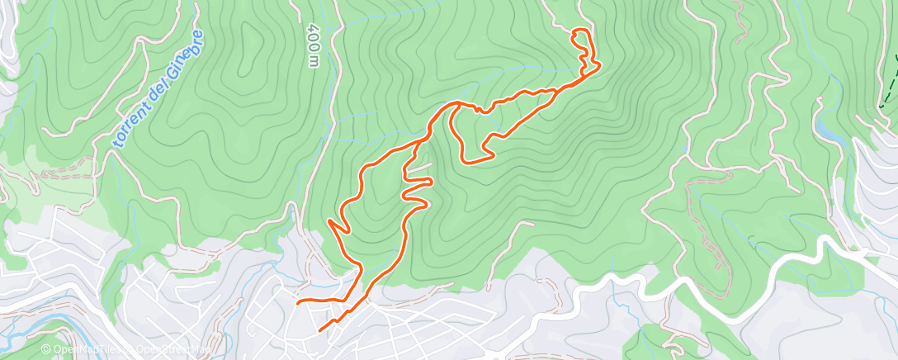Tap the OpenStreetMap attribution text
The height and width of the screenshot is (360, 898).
coord(158,351)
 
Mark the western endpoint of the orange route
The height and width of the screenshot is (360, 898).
coord(297,302)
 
